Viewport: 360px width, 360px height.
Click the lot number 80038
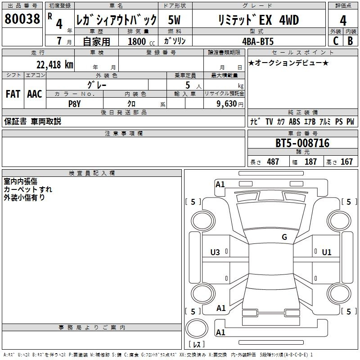22,19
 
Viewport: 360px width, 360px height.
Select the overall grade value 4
343,21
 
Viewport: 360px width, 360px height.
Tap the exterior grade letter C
336,41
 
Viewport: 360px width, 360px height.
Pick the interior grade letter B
350,41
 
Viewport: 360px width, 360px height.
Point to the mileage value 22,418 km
55,65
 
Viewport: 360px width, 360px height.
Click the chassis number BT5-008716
302,143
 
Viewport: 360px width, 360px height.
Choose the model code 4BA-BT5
258,41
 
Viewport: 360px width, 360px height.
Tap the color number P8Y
75,104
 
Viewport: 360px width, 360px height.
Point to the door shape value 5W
174,20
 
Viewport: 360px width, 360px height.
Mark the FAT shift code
13,94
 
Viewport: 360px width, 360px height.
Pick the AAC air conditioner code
35,94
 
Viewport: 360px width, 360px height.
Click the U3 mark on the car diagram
215,252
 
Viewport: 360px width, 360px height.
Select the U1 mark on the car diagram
327,252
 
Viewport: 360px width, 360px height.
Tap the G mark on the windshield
284,237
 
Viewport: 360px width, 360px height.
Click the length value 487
273,162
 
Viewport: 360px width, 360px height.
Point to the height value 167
346,162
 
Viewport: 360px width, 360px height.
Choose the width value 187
310,162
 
